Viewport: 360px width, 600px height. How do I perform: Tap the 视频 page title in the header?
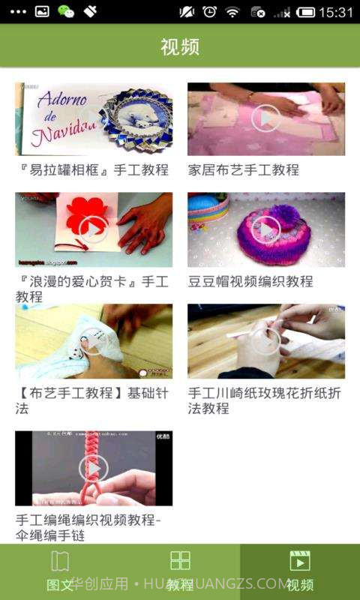coord(180,46)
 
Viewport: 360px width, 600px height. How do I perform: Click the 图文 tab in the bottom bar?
coord(59,571)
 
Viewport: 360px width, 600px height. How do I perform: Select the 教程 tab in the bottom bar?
coord(180,571)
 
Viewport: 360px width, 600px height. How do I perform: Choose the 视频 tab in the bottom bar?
coord(300,571)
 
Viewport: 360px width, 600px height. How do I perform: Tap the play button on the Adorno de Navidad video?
coord(93,118)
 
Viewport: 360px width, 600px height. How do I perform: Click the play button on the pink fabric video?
coord(265,118)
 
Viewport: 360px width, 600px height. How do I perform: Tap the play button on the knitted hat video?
coord(265,229)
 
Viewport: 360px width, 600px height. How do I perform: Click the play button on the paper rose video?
coord(265,341)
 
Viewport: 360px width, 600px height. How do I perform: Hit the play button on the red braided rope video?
coord(93,468)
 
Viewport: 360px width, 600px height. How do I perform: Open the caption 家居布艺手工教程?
coord(244,170)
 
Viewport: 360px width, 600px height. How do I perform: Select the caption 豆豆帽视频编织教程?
coord(250,281)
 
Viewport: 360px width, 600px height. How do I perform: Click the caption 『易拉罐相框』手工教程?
coord(92,170)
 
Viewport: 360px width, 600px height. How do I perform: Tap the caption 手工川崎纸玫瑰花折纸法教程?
coord(264,400)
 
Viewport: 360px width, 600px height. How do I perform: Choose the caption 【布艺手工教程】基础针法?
coord(92,400)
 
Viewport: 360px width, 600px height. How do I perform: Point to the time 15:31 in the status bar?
coord(335,12)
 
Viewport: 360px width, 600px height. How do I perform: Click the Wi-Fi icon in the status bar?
coord(232,12)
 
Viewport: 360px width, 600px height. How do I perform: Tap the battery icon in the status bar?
coord(305,12)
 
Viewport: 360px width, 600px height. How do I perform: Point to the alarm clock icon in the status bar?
coord(210,12)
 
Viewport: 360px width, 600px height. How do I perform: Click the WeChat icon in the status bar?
coord(66,12)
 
